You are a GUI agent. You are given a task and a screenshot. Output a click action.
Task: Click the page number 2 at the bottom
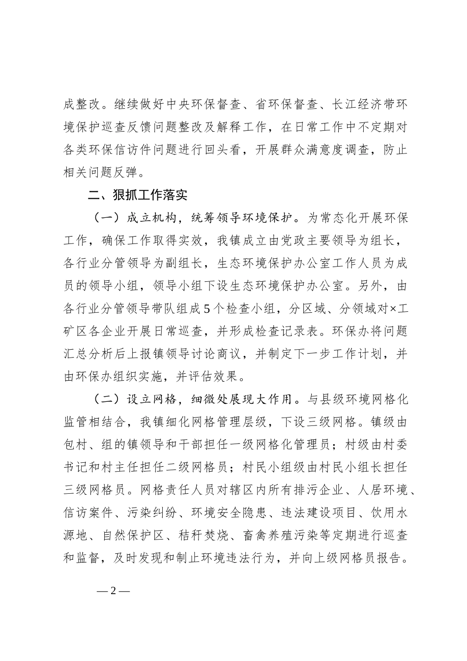(113, 591)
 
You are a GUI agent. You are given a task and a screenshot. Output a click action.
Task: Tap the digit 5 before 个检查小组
(206, 309)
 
